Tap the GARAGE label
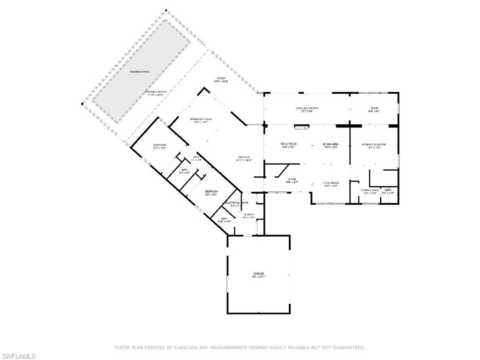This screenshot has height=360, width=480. (259, 273)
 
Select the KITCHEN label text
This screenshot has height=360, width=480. (243, 157)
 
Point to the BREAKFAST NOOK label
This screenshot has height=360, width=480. (201, 120)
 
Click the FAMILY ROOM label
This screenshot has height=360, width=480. (289, 143)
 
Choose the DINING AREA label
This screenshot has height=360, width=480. (330, 143)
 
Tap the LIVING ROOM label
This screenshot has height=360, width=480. (330, 182)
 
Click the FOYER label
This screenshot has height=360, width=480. (292, 179)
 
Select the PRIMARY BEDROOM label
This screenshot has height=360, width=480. (374, 144)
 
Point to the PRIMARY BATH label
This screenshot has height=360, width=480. (369, 190)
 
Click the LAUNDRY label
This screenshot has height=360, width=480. (248, 215)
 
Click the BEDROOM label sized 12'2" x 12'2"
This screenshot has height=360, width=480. (159, 145)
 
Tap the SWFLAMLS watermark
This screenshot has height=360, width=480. (18, 356)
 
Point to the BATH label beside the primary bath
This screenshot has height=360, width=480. (388, 190)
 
